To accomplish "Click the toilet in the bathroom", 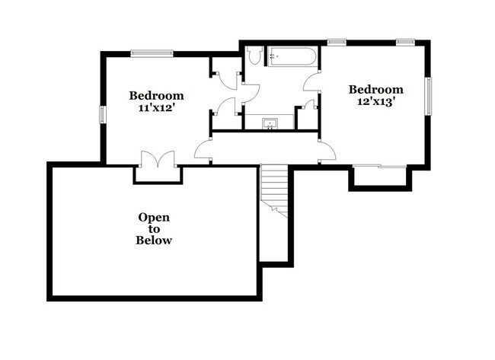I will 255,55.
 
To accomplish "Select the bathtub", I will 289,57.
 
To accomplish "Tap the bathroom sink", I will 269,123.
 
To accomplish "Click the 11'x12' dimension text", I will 156,108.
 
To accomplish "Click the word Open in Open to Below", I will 154,217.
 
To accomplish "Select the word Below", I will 154,241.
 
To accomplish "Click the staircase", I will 275,190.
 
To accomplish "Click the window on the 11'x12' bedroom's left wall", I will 102,114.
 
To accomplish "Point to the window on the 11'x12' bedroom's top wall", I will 152,53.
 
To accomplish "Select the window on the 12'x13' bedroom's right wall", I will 428,97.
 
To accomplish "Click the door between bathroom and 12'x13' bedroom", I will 311,82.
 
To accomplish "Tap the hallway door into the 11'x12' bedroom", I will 203,150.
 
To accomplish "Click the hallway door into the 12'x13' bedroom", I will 327,151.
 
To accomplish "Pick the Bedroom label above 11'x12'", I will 156,96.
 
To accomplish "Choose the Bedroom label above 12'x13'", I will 375,88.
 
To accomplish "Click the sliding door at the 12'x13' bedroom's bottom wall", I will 380,165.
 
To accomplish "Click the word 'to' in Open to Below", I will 154,228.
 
